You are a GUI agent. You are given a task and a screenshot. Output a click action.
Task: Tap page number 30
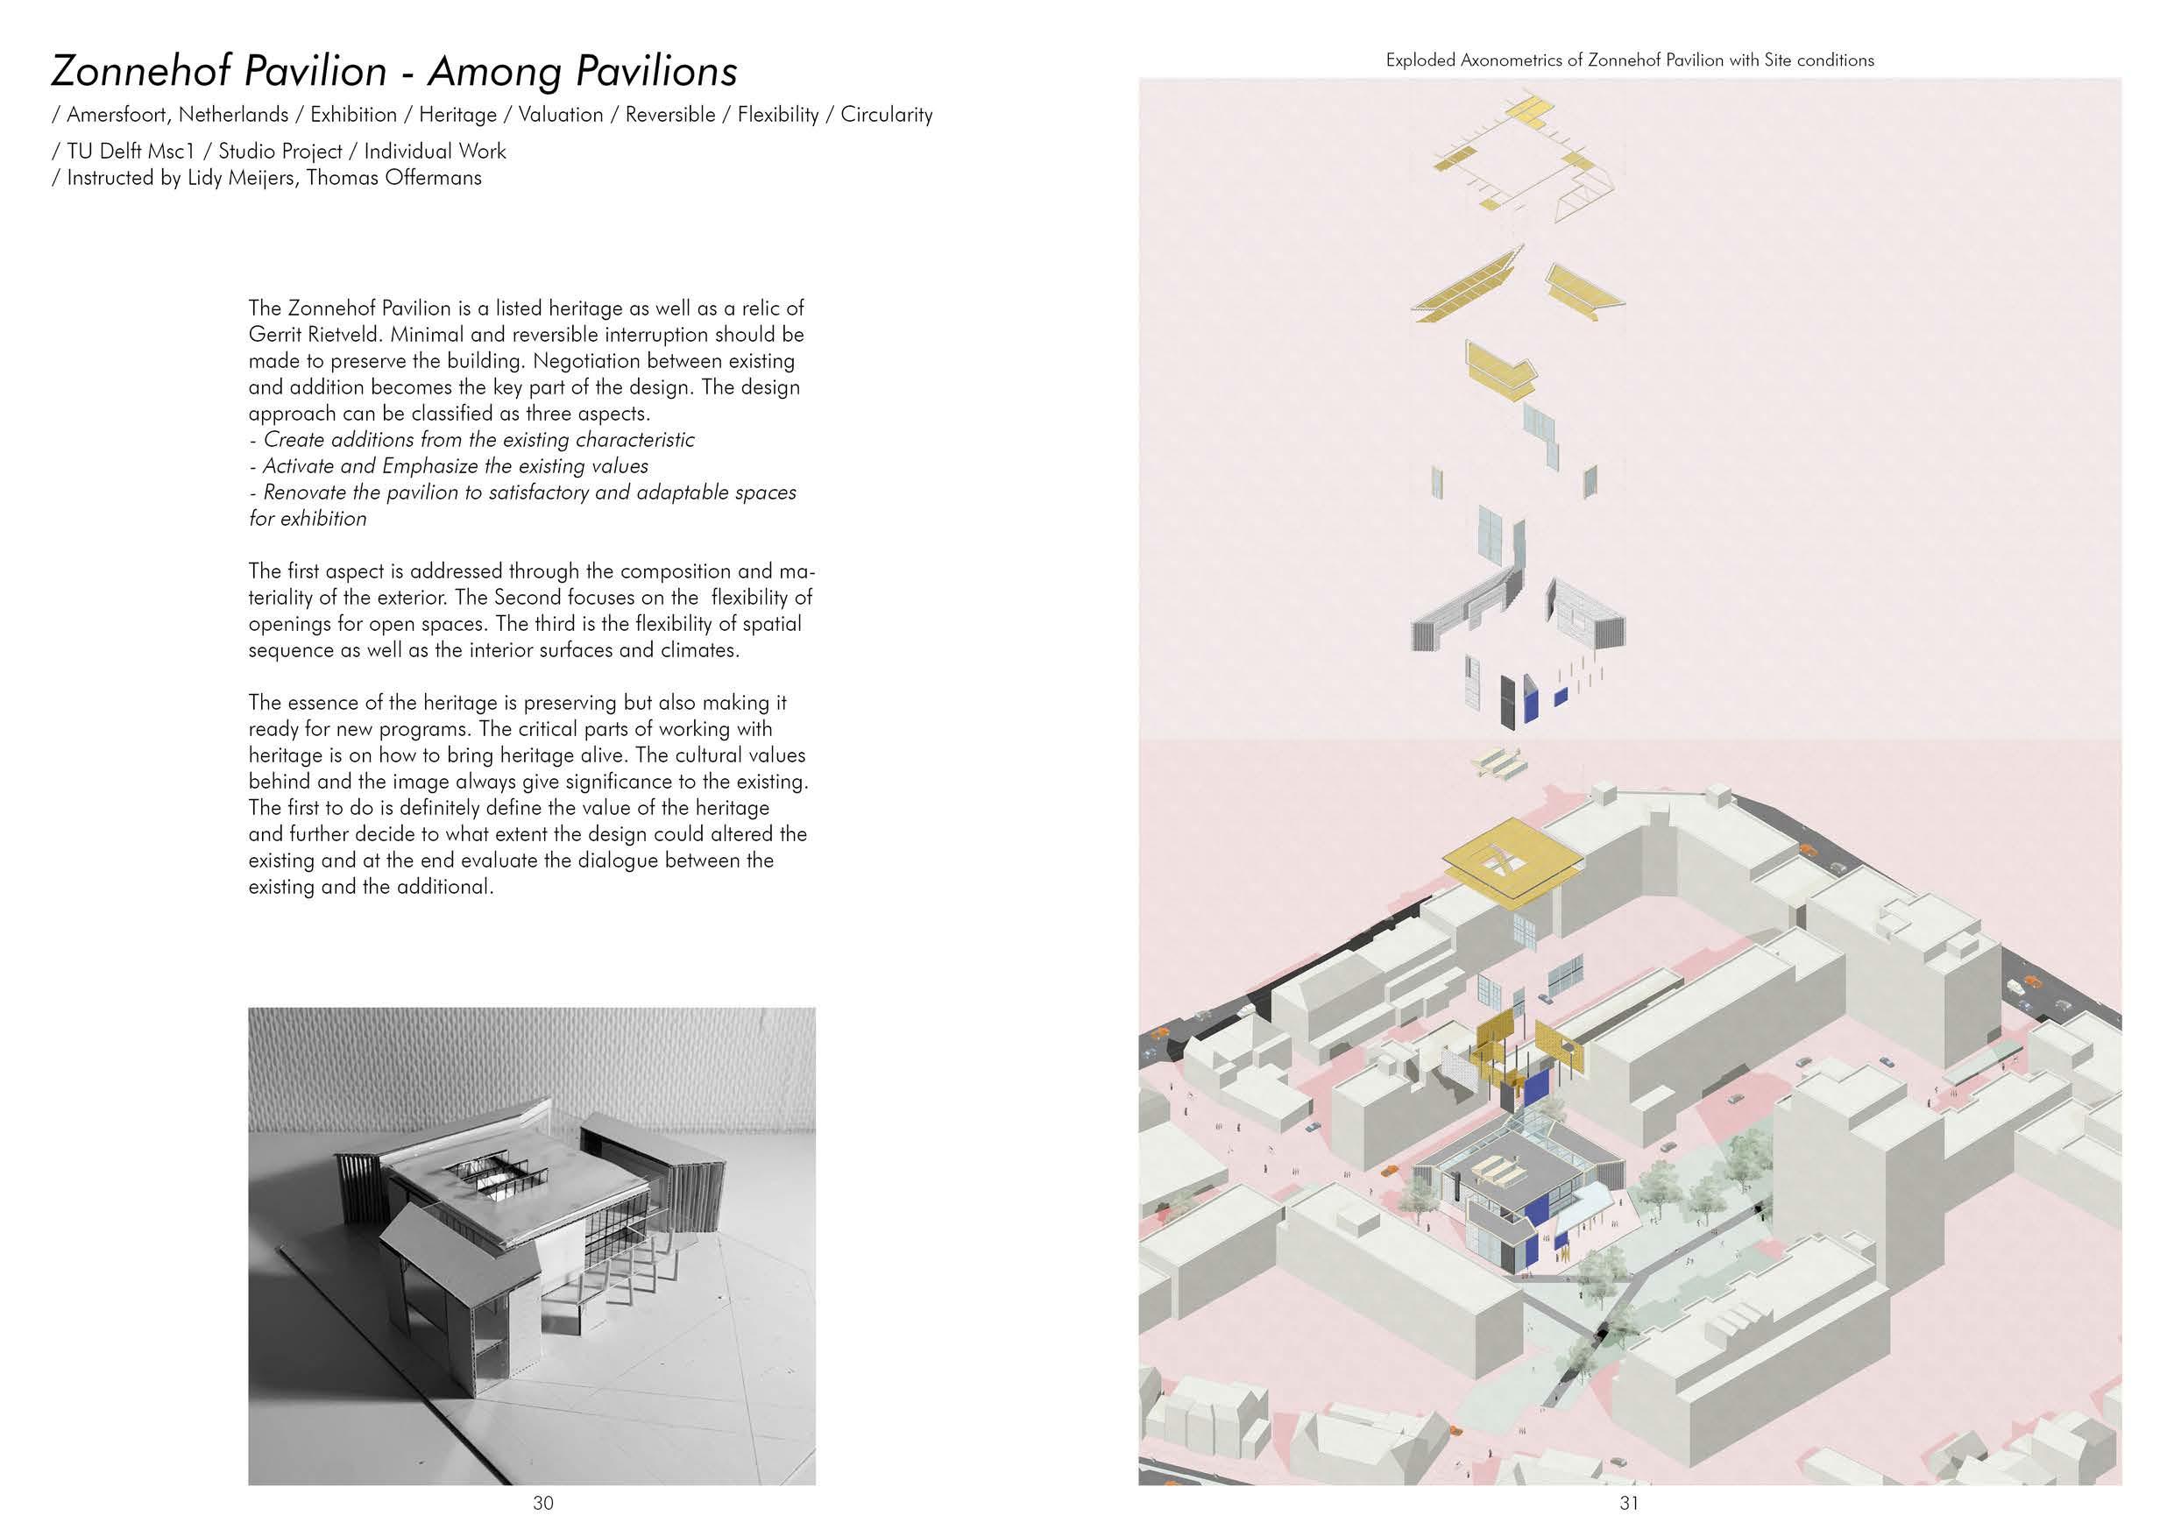tap(542, 1502)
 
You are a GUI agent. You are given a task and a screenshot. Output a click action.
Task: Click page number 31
tap(1629, 1502)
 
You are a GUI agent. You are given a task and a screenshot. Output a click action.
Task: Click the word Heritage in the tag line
tap(457, 115)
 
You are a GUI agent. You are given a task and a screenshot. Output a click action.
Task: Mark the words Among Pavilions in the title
tap(583, 71)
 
